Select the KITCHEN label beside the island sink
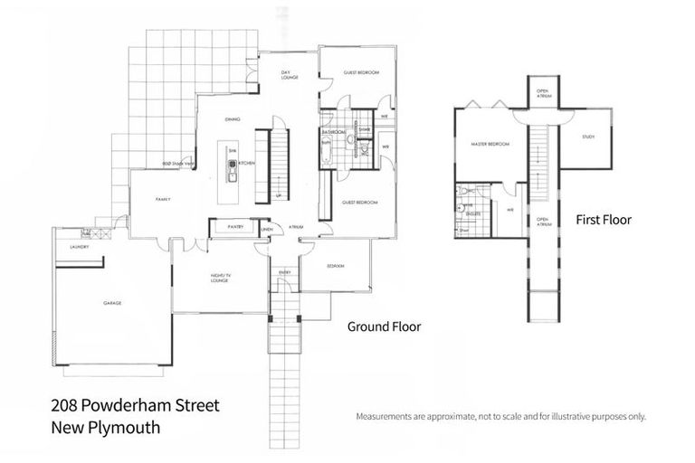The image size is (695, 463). [x=247, y=163]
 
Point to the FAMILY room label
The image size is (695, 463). [x=164, y=199]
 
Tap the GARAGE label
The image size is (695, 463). [x=112, y=303]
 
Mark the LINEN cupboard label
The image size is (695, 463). [x=266, y=229]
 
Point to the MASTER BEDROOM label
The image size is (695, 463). [x=490, y=144]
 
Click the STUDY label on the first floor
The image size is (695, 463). [x=587, y=137]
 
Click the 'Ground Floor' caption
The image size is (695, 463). [x=383, y=326]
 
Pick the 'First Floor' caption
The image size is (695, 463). [x=604, y=220]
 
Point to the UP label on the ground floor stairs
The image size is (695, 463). [x=277, y=194]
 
